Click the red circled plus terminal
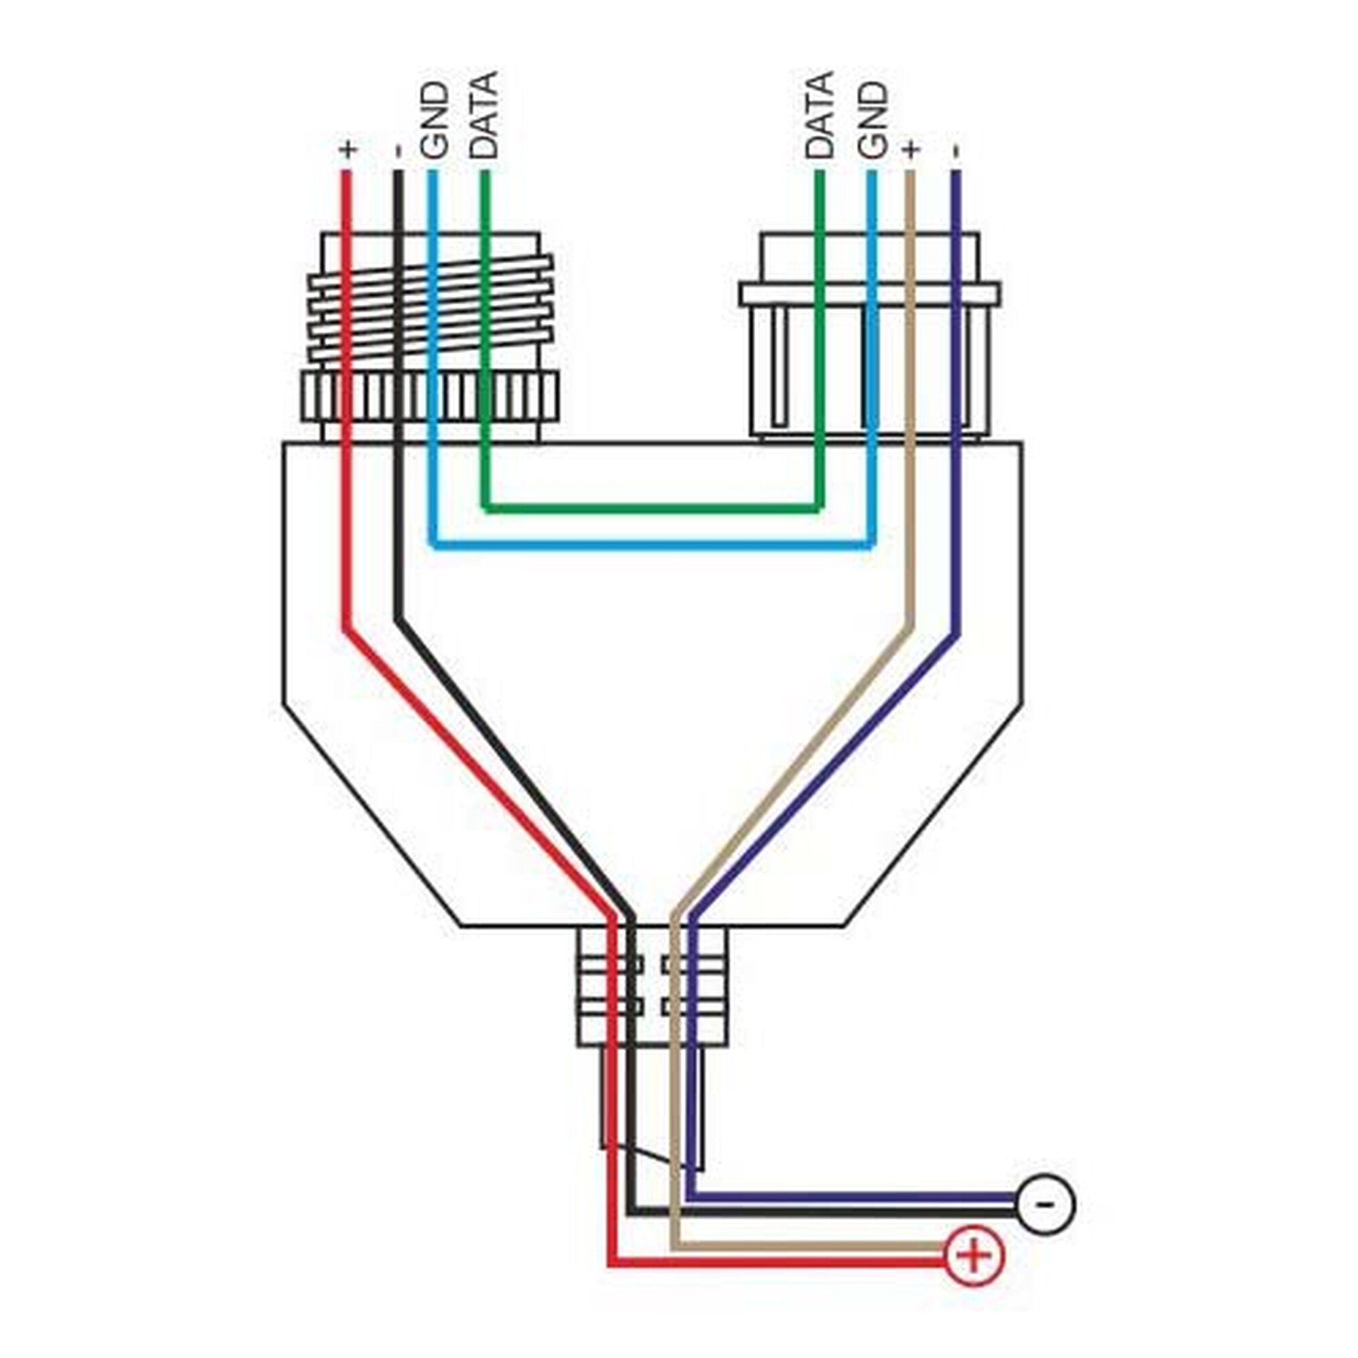[974, 1256]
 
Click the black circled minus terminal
[1046, 1205]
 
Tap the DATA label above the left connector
[483, 115]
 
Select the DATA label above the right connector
[820, 115]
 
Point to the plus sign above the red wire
[348, 149]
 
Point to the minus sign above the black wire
[398, 151]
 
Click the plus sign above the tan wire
[911, 149]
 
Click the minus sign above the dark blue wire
[955, 151]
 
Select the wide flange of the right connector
[869, 294]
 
